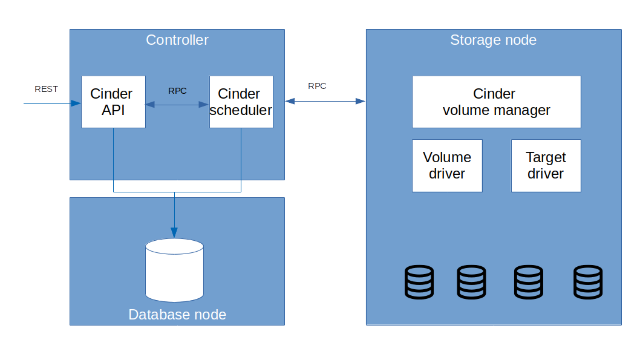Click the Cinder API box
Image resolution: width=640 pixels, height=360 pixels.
tap(113, 102)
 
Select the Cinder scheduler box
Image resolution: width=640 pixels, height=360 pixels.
tap(241, 102)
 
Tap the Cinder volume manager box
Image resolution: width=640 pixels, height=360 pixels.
tap(496, 102)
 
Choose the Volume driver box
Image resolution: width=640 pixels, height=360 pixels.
tap(447, 166)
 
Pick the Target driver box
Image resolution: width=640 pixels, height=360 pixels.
tap(546, 166)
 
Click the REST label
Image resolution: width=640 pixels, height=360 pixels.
tap(46, 89)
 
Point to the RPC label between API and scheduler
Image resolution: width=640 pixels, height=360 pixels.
tap(177, 91)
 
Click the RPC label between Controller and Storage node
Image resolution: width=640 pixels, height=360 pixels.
tap(317, 86)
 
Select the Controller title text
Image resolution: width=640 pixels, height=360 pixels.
tap(177, 41)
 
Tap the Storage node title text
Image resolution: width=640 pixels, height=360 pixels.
tap(493, 41)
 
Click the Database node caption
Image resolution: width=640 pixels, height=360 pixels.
tap(177, 315)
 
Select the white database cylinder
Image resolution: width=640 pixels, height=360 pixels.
tap(174, 270)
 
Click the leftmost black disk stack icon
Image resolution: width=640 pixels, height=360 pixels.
tap(419, 282)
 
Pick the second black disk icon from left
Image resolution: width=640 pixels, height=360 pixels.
tap(471, 282)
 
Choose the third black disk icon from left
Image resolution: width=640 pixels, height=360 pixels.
tap(529, 282)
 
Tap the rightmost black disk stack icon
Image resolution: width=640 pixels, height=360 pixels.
tap(588, 282)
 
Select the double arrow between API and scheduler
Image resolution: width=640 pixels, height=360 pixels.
tap(177, 105)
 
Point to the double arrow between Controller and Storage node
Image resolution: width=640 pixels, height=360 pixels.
tap(325, 101)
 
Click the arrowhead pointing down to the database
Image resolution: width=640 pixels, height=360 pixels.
tap(174, 232)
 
